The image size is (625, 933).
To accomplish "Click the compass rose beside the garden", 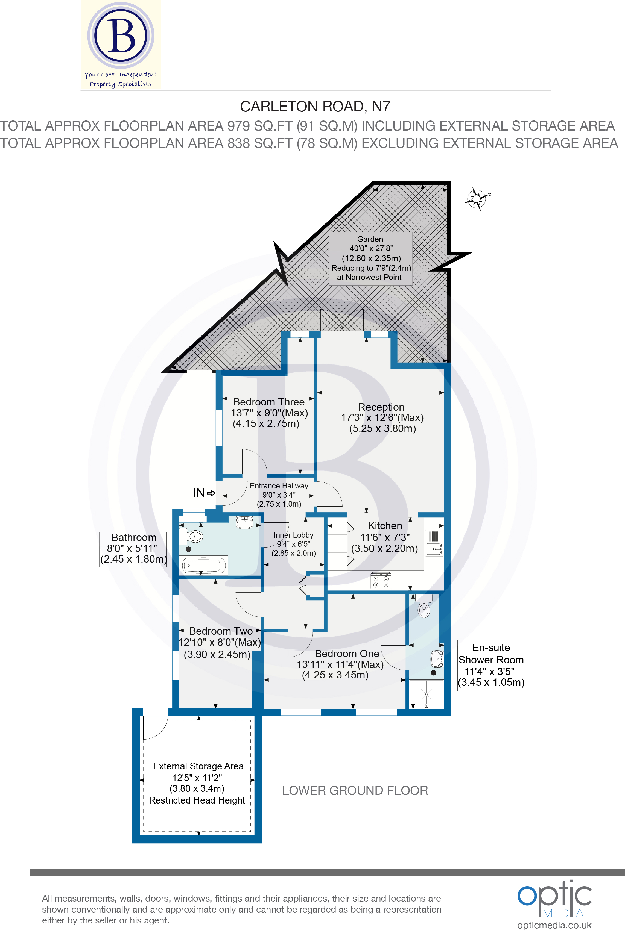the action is [477, 198].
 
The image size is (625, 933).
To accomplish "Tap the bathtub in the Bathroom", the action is [204, 565].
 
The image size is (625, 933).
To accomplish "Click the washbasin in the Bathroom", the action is [244, 522].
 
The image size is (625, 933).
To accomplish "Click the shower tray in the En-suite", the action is [427, 694].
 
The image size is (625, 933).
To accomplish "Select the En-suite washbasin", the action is [437, 659].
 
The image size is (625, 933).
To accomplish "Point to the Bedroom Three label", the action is [269, 402].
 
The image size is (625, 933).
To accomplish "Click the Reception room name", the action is [381, 407].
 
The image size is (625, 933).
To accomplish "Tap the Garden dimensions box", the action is [370, 258].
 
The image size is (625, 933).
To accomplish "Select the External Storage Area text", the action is [198, 766].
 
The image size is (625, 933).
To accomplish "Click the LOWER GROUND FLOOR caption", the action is [355, 790].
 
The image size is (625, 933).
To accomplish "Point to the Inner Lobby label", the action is [293, 535].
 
